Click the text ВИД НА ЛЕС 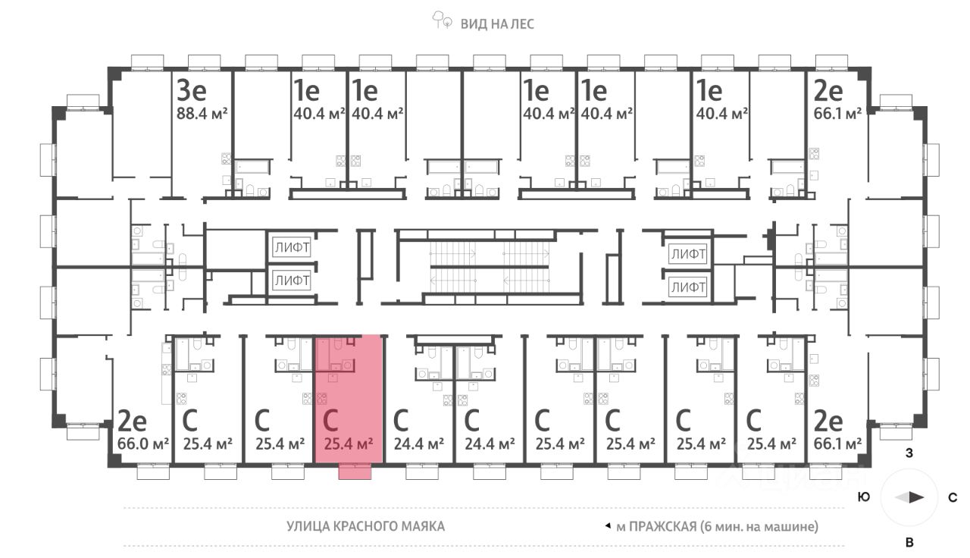(497, 24)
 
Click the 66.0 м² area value (143, 443)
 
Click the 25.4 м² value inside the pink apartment (349, 443)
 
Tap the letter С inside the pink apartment (330, 419)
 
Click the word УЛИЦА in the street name (309, 526)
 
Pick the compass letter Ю (864, 498)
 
